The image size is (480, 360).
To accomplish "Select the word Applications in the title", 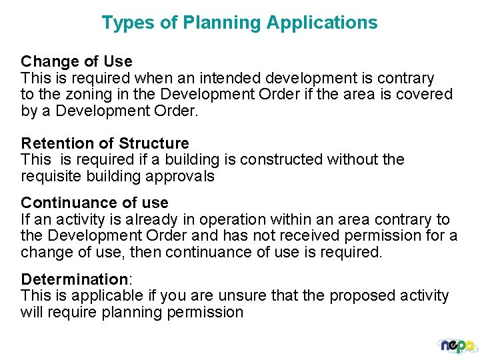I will click(322, 23).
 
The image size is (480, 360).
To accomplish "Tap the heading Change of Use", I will click(77, 62).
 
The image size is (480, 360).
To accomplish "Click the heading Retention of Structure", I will click(105, 143).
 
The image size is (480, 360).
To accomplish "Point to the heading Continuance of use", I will click(95, 203).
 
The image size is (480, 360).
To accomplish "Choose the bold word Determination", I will click(74, 279).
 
